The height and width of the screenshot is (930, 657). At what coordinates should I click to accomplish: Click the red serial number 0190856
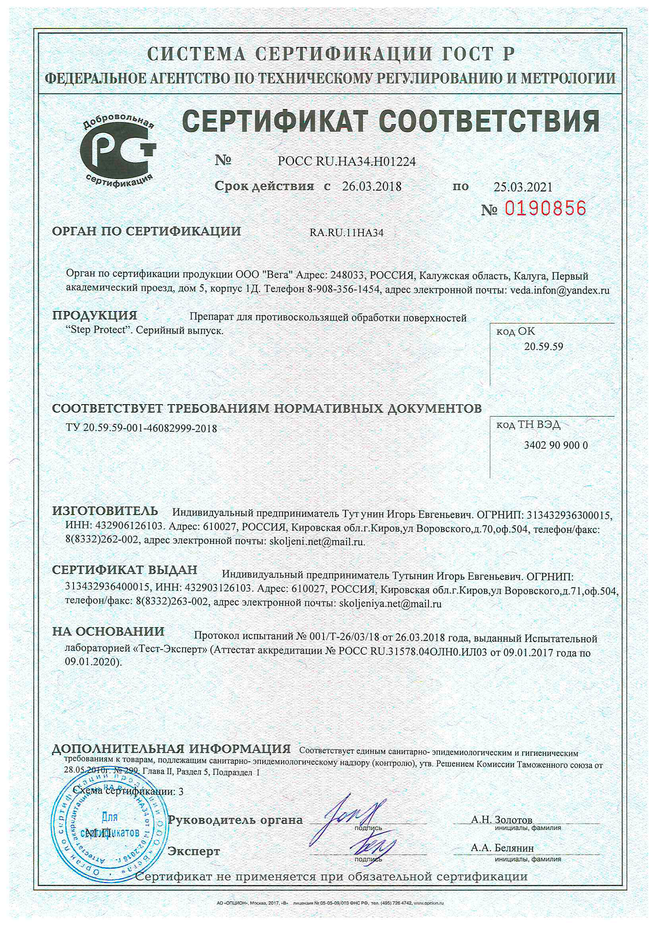point(545,209)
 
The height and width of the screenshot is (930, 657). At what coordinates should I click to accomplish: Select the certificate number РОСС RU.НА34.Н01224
point(347,161)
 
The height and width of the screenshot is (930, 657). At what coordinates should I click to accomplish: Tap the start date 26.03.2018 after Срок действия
point(372,187)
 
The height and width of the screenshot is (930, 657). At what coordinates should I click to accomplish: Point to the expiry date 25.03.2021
point(523,187)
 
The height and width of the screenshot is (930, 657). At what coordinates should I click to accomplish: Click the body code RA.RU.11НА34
point(347,233)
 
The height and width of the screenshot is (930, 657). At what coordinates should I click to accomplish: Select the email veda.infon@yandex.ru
point(560,290)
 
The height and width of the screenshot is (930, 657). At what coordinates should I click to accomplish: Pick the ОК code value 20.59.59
point(543,347)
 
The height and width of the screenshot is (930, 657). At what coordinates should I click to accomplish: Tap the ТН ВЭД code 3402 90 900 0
point(555,446)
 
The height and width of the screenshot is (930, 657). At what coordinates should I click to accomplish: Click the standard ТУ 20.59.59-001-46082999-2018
point(141,428)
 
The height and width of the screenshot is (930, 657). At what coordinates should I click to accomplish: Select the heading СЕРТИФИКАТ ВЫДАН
point(125,570)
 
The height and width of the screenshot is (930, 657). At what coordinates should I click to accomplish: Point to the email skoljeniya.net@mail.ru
point(390,604)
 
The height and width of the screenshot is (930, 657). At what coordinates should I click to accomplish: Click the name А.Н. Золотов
point(502,820)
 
